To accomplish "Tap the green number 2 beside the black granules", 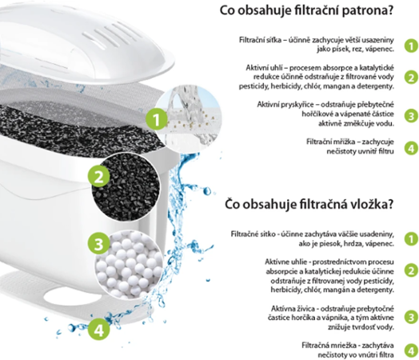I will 99,175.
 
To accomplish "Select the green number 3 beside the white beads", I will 100,242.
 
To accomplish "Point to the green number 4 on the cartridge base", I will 100,328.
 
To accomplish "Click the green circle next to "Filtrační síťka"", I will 410,46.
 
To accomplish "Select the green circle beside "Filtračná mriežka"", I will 410,350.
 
